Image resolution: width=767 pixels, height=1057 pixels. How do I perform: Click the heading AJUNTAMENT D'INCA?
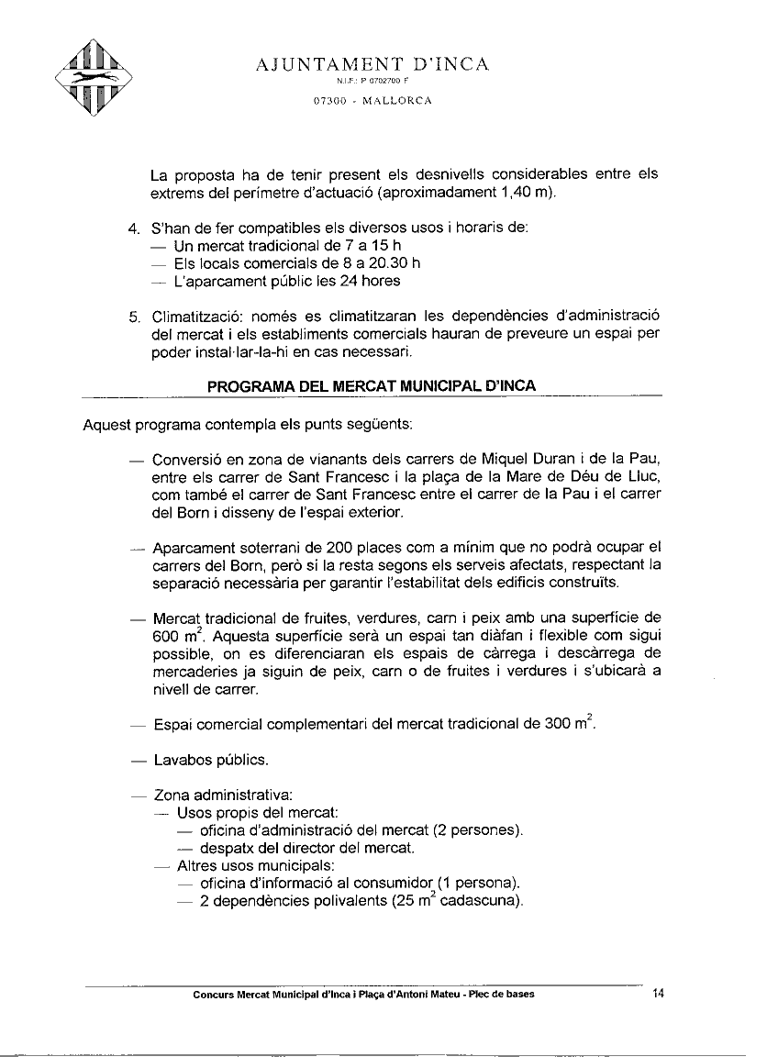pos(372,64)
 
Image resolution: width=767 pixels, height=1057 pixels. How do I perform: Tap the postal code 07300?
pos(328,101)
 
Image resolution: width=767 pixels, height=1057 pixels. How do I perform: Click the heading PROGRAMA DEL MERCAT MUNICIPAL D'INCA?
pos(372,386)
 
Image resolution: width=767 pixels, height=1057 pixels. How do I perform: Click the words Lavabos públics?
pos(210,760)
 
